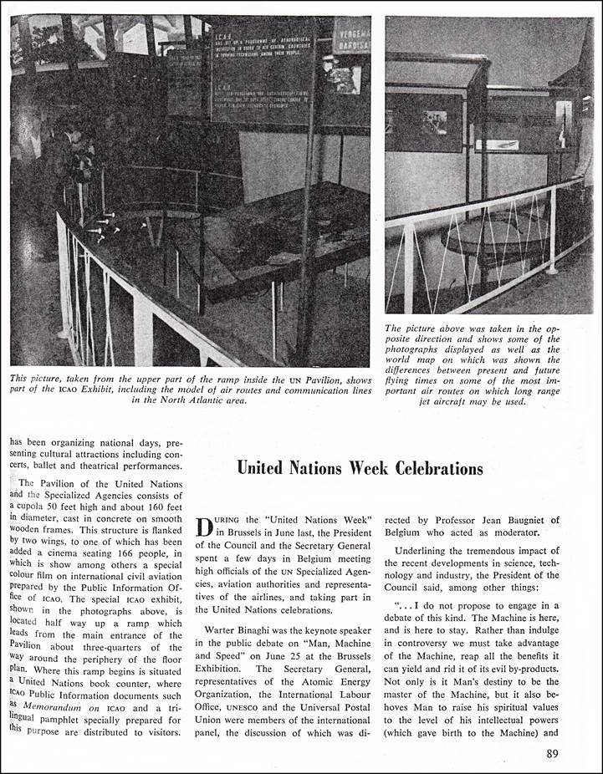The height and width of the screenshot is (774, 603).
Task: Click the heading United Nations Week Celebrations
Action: pyautogui.click(x=360, y=468)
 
